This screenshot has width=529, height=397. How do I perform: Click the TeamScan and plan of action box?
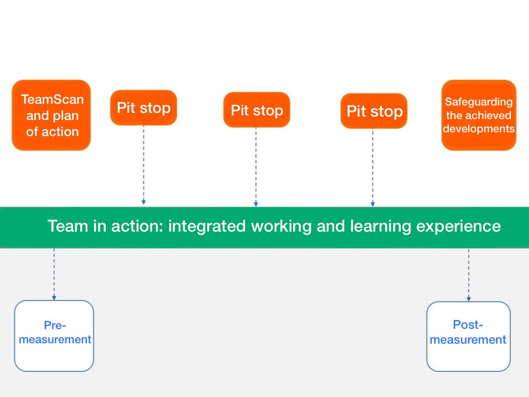[51, 115]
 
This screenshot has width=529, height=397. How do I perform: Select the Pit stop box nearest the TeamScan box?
[143, 108]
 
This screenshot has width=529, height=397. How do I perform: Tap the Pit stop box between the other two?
[257, 110]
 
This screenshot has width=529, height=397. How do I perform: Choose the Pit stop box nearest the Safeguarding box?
[374, 111]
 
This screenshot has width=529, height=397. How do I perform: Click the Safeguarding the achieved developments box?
[479, 115]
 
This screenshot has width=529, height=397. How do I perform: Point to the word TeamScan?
[52, 99]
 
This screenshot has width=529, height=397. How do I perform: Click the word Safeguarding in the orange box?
[479, 102]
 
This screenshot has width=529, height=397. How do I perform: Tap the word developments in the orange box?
[479, 129]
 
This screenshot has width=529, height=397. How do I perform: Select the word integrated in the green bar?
[207, 226]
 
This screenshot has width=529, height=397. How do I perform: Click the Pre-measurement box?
[54, 336]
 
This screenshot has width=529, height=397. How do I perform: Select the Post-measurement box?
[468, 336]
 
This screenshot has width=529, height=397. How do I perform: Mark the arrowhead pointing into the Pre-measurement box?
[54, 298]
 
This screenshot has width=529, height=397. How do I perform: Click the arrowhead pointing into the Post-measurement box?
[469, 299]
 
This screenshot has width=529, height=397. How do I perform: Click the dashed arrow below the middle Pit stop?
[256, 165]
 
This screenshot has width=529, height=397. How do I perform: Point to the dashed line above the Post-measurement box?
[469, 273]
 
